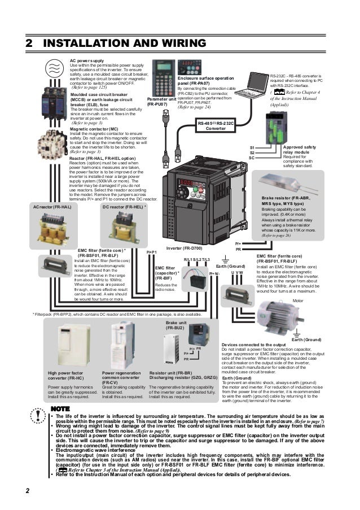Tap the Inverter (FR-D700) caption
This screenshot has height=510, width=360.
[x=184, y=249]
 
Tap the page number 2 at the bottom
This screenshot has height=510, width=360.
[x=27, y=489]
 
